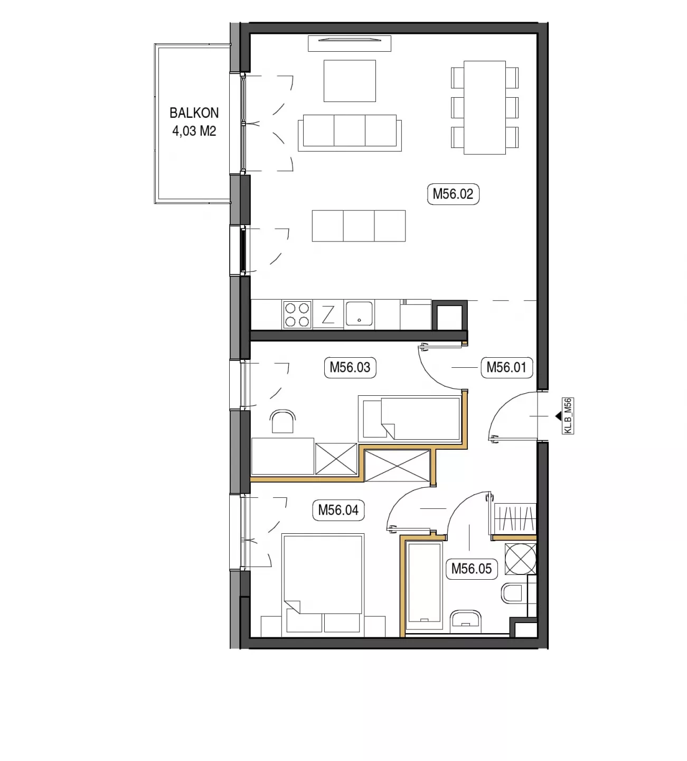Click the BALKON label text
(194, 113)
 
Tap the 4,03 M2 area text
(194, 131)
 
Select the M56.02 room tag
(453, 194)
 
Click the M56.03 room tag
(350, 367)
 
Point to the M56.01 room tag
(506, 367)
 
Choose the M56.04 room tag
(338, 511)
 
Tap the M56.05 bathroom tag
(471, 569)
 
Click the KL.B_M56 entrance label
(568, 416)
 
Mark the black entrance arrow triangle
(558, 416)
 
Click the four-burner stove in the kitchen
(297, 314)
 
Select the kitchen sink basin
(359, 313)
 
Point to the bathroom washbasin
(465, 621)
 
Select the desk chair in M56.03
(283, 421)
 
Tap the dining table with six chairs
(485, 108)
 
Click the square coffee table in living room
(350, 81)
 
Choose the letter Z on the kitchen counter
(328, 314)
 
